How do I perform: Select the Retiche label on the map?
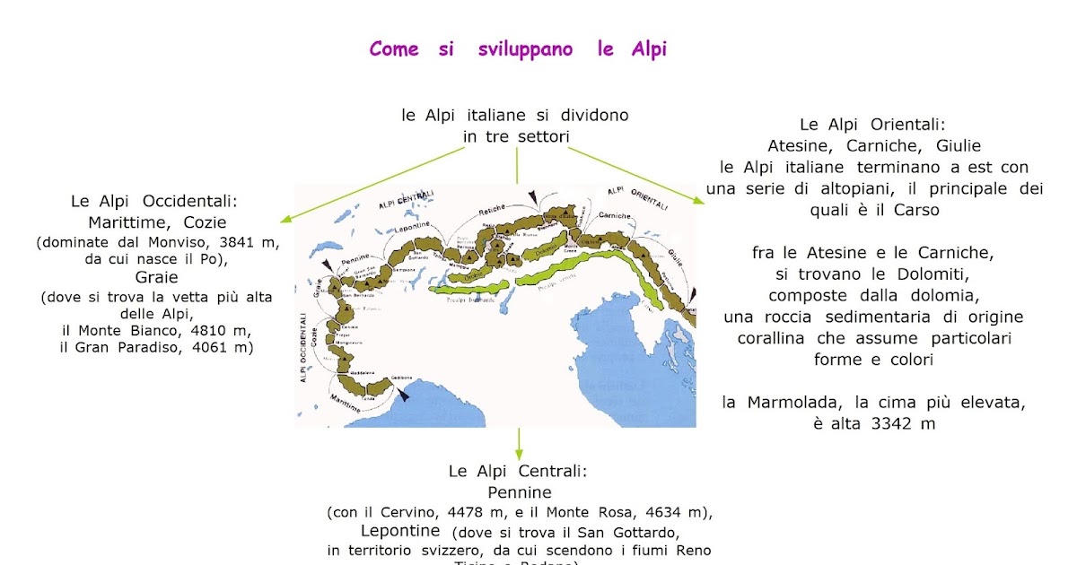(x=493, y=210)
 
